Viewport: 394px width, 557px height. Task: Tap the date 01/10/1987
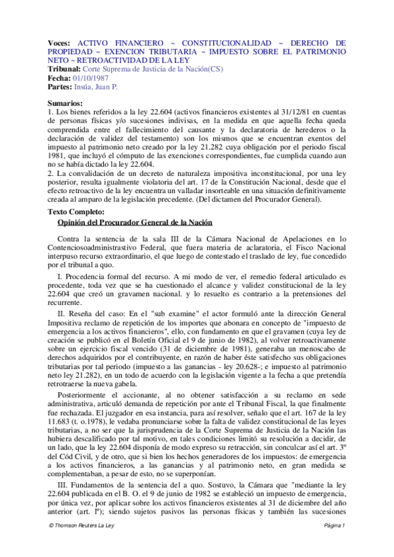pyautogui.click(x=93, y=78)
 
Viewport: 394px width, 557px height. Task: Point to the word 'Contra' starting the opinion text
pyautogui.click(x=70, y=238)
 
